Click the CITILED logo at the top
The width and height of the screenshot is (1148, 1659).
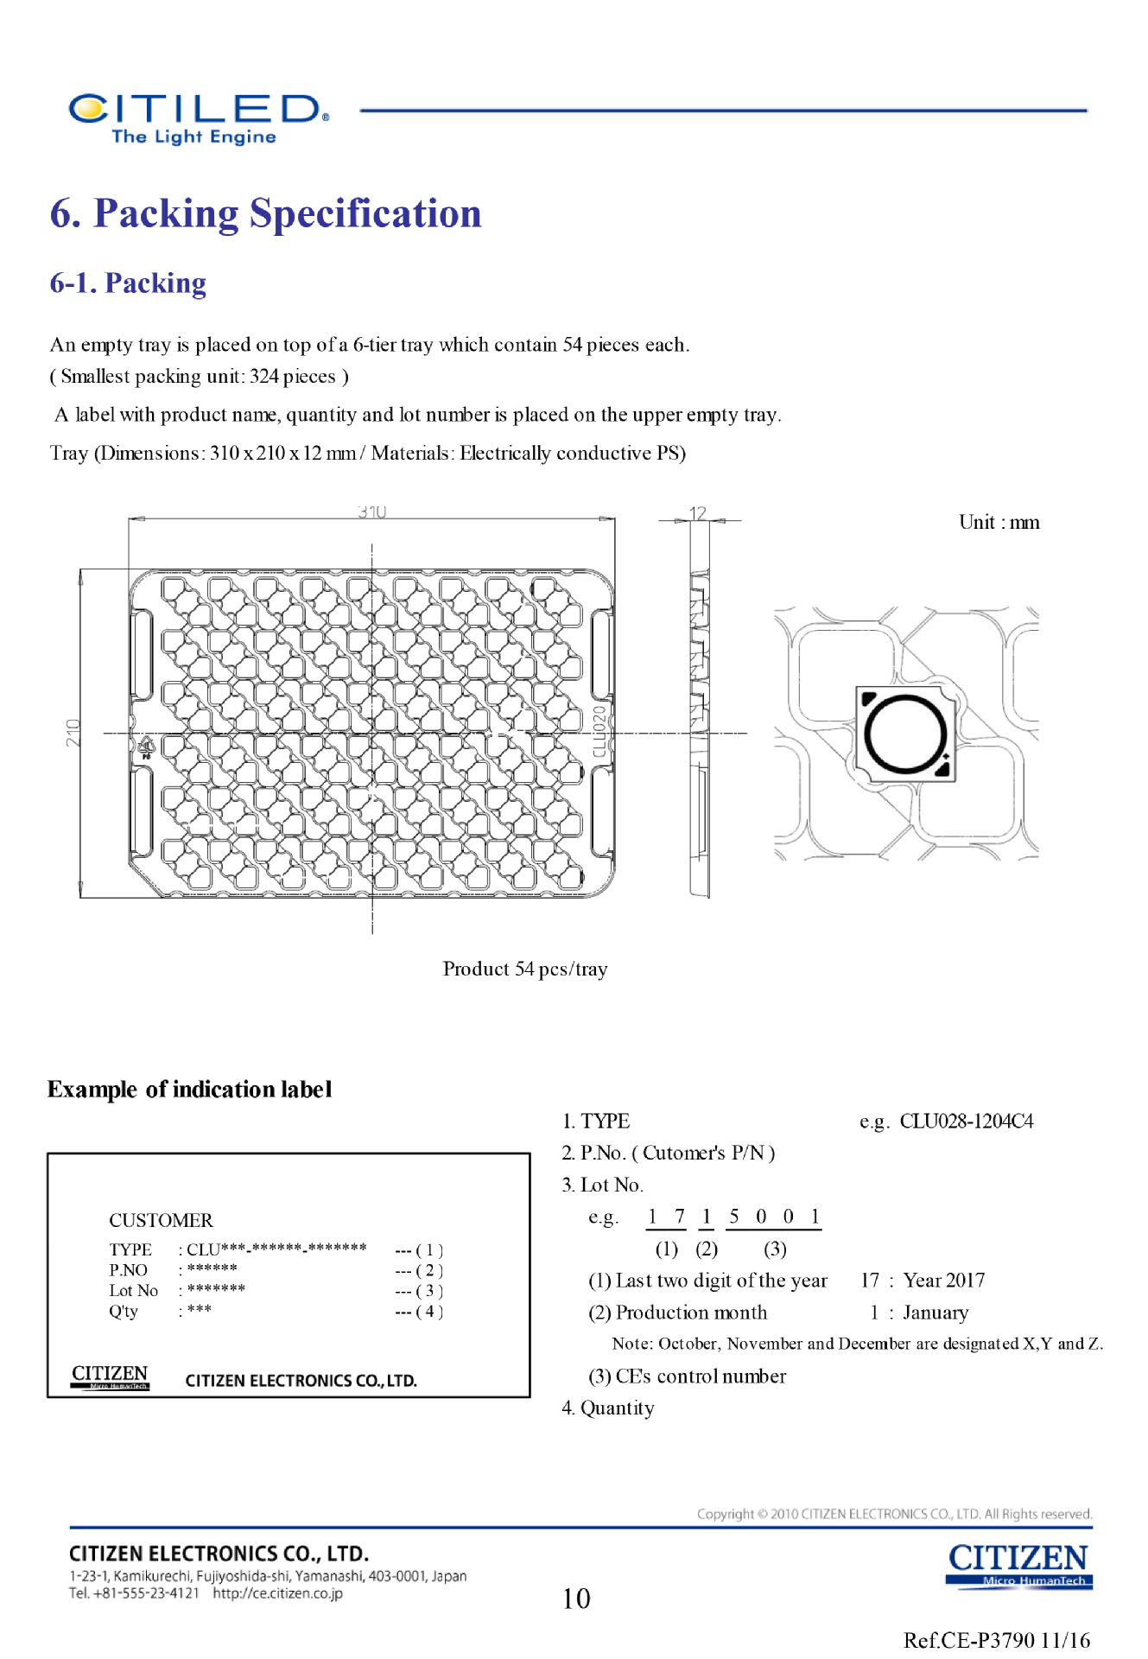coord(197,118)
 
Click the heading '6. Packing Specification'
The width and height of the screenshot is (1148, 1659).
coord(265,213)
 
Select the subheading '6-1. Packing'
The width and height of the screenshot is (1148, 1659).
coord(128,283)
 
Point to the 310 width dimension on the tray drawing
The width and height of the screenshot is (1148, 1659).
coord(371,512)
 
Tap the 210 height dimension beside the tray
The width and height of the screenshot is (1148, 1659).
coord(73,733)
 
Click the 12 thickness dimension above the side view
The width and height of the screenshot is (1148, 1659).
coord(698,513)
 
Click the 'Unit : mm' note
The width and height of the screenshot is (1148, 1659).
coord(999,522)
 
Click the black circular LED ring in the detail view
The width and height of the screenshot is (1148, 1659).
coord(905,734)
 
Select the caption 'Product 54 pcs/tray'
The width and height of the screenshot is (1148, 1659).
coord(525,969)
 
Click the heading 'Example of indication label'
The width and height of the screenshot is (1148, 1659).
coord(189,1090)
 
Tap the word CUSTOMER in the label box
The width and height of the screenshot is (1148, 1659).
coord(161,1220)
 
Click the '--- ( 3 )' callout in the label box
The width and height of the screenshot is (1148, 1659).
coord(419,1291)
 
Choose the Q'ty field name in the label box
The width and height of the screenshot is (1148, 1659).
coord(124,1312)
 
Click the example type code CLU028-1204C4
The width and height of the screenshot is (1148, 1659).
coord(966,1122)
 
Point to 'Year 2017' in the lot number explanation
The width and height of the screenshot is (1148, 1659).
coord(943,1281)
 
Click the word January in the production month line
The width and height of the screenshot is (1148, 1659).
coord(936,1313)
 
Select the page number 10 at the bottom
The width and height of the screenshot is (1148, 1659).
coord(576,1599)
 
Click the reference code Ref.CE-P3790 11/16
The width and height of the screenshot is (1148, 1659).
coord(996,1640)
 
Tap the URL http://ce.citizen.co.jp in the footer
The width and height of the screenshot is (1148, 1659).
coord(277,1593)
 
